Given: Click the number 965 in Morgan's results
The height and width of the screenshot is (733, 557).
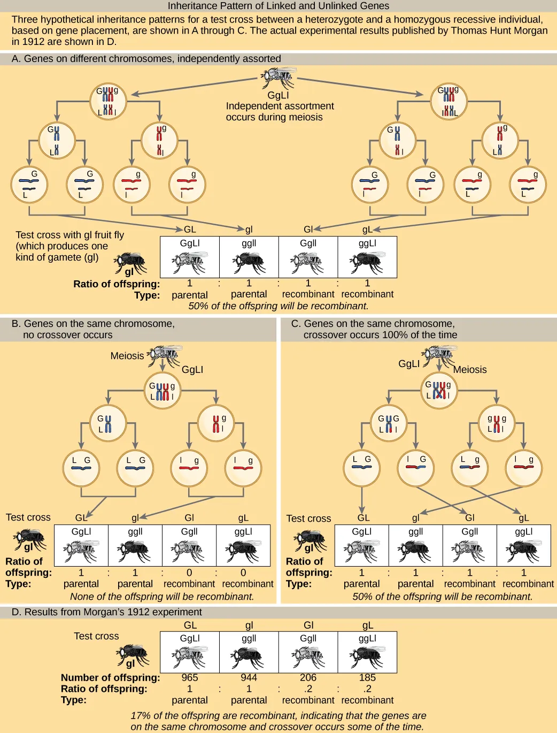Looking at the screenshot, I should [x=190, y=677].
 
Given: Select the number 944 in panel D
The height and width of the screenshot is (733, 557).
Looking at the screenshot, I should [x=249, y=677].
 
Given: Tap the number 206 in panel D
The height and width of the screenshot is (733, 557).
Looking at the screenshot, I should [x=308, y=677].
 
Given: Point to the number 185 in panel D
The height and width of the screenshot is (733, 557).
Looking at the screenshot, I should [x=367, y=677].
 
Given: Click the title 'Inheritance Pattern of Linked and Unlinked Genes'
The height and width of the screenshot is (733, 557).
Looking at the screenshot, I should [x=278, y=6].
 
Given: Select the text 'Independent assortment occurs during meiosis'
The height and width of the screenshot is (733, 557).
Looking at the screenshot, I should [x=280, y=111].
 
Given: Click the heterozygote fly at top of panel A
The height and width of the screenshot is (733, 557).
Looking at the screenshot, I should [x=278, y=78].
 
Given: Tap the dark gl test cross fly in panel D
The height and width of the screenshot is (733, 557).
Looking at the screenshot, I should [x=133, y=654].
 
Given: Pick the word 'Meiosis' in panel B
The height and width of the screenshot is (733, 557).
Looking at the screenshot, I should [x=127, y=356].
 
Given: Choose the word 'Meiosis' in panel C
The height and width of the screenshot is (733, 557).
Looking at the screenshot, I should [x=470, y=370].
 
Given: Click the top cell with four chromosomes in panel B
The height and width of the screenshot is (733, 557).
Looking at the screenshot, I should [x=163, y=391].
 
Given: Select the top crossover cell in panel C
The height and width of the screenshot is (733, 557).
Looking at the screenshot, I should [x=439, y=391].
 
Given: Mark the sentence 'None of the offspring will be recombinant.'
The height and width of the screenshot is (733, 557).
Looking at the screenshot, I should [x=162, y=596].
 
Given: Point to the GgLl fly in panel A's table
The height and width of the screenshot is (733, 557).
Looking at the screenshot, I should [x=190, y=261].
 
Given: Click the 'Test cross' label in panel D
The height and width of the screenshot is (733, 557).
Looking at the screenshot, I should [x=96, y=636].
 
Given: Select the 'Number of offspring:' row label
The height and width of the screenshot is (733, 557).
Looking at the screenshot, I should [x=110, y=677].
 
